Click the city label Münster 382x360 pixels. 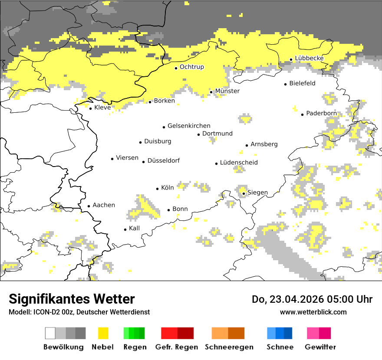227,91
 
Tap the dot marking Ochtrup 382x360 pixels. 176,68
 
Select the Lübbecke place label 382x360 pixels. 309,58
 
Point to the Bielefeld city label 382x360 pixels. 302,83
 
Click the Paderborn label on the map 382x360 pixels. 321,113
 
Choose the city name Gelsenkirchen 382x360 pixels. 189,126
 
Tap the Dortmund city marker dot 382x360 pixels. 199,134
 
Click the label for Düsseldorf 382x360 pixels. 163,160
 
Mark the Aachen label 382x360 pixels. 104,205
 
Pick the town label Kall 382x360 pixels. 134,228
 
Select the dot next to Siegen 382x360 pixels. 244,194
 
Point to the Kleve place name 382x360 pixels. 102,108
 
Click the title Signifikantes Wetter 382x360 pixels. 72,299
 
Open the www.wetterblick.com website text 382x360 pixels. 313,312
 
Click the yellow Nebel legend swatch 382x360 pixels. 103,333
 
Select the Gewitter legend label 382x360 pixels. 320,347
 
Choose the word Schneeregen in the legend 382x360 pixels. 229,347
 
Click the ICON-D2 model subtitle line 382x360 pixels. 79,312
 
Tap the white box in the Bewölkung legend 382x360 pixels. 50,333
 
